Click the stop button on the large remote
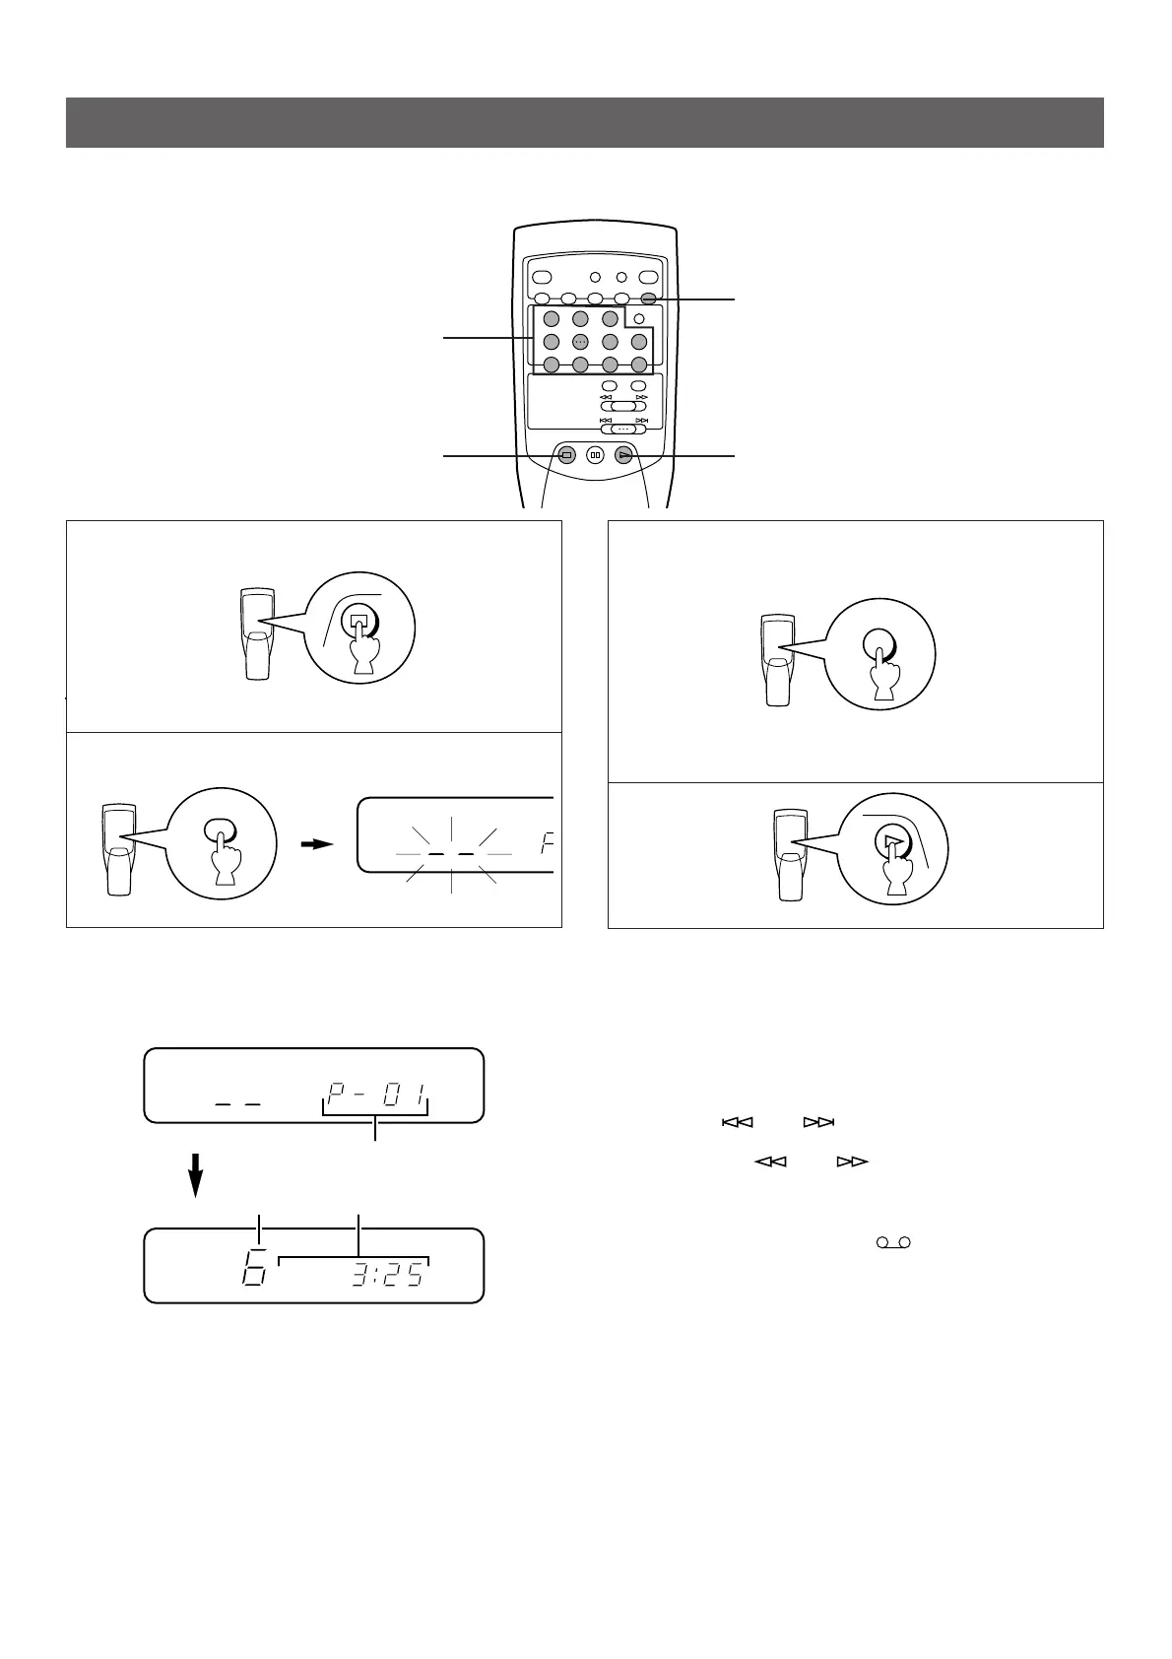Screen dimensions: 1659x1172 coord(566,455)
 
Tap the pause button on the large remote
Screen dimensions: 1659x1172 coord(595,455)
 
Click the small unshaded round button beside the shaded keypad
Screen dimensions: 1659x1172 coord(639,318)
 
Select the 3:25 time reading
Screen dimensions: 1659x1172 coord(387,1276)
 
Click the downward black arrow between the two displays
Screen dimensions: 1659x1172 coord(197,1175)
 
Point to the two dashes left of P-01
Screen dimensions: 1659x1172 coord(237,1104)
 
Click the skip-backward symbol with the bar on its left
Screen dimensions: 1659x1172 coord(737,1122)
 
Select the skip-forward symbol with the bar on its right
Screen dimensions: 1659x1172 coord(819,1122)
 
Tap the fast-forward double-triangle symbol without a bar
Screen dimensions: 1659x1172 coord(852,1161)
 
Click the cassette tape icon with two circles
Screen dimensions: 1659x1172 coord(890,1243)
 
